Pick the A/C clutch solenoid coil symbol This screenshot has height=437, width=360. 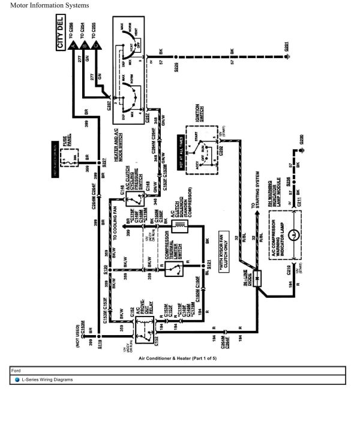(x=179, y=225)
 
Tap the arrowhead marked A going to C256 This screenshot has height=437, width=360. (x=73, y=46)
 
